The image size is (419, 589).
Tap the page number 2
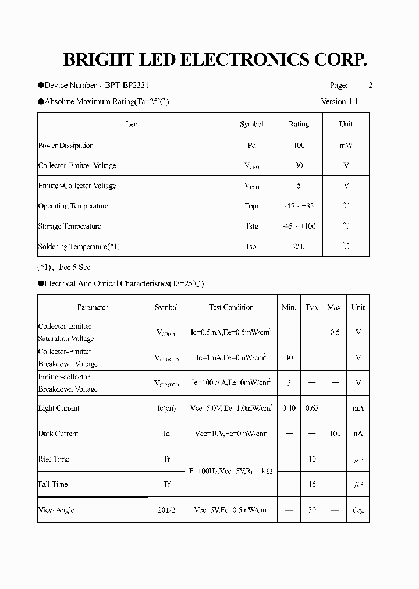tap(370, 85)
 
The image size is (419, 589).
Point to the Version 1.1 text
tap(339, 101)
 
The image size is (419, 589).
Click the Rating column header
tap(299, 124)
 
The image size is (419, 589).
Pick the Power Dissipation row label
tap(66, 146)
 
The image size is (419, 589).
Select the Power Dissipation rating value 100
tap(299, 146)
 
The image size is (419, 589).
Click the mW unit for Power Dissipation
tap(346, 146)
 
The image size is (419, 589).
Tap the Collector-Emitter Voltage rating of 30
tap(299, 166)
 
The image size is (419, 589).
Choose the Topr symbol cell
tap(251, 206)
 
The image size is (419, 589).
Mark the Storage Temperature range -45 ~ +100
tap(299, 226)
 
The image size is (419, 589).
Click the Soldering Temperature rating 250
tap(299, 247)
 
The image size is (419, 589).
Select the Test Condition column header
tap(231, 307)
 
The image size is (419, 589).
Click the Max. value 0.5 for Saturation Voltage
tap(335, 332)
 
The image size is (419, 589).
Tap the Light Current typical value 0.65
tap(312, 409)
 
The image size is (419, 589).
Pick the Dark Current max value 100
tap(335, 434)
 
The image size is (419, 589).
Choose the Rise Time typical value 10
tap(312, 459)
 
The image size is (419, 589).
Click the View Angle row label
tap(56, 510)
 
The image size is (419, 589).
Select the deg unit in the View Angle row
tap(358, 510)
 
